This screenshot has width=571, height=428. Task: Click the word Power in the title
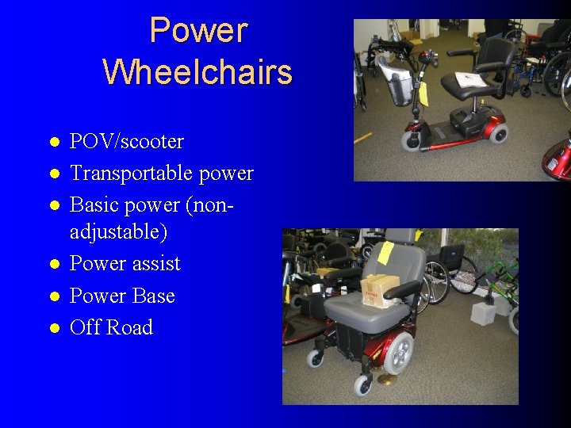coord(198,31)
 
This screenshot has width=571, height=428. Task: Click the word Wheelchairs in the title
coord(197,72)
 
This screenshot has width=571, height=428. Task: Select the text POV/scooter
coord(127,142)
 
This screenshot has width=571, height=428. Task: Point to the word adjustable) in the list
coord(118,232)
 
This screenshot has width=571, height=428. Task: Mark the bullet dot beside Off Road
coord(53,327)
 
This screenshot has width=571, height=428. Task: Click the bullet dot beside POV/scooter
coord(53,143)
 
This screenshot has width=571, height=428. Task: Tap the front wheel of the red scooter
coord(412,141)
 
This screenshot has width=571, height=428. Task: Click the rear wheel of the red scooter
coord(498,132)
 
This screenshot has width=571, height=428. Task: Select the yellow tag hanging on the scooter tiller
coord(423,94)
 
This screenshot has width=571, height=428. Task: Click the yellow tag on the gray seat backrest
coord(385,253)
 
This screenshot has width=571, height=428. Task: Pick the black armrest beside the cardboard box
coord(404,290)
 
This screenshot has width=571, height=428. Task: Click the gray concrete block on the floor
coord(483,313)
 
